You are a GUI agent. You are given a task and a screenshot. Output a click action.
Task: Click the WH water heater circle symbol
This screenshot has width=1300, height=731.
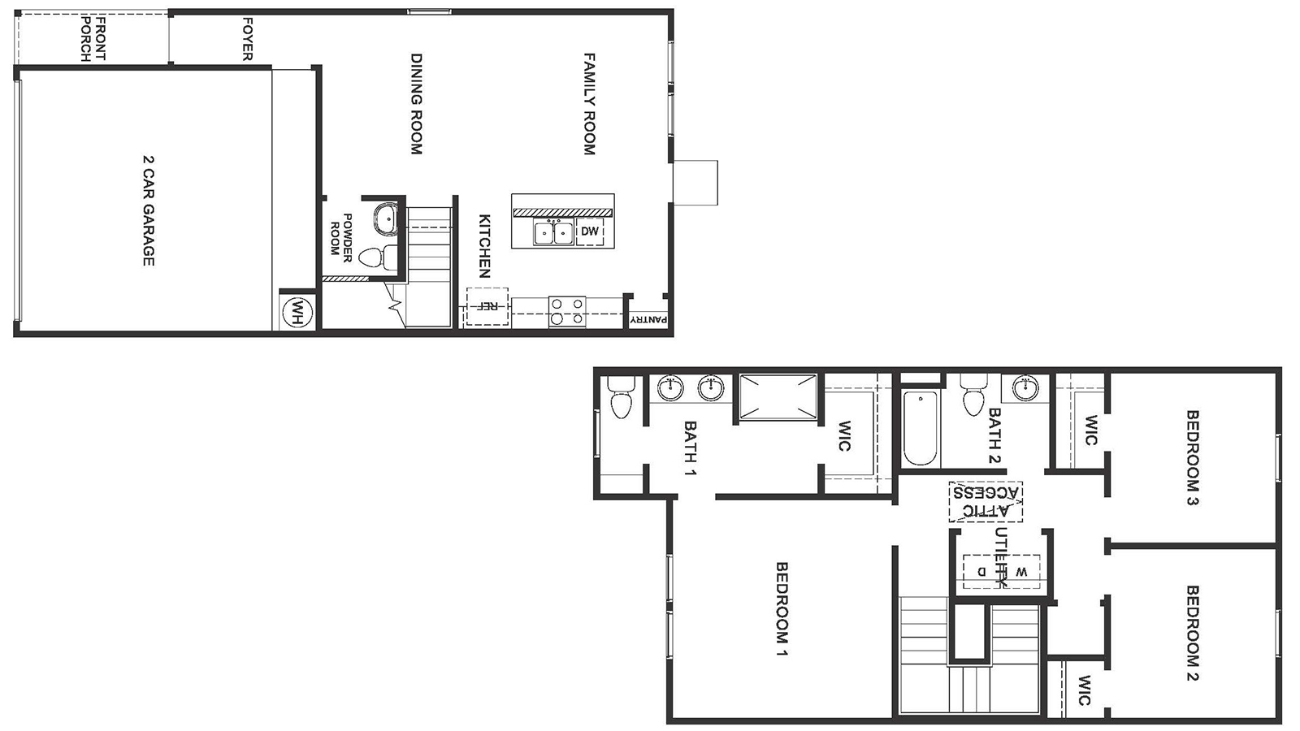point(297,311)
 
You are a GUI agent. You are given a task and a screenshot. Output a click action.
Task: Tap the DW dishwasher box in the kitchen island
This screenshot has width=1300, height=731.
point(590,231)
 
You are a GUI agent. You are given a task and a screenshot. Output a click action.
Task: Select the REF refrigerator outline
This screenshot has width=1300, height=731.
point(487,307)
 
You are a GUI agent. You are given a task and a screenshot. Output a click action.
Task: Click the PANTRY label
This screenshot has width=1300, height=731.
point(648,321)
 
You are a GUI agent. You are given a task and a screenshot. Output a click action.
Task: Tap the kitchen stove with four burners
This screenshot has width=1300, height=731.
point(567,311)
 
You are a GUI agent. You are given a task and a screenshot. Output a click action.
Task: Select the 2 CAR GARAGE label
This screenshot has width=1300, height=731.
point(148,210)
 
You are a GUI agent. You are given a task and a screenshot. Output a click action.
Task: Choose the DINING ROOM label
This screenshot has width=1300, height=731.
point(416,104)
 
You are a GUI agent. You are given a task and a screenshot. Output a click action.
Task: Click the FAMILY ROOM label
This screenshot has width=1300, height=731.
point(590,104)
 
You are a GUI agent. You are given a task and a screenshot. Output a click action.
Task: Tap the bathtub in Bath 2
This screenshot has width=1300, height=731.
point(920,427)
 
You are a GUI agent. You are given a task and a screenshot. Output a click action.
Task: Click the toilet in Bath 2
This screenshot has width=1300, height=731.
point(971,397)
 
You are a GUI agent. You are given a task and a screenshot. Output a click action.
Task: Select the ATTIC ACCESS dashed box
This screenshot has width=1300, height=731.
point(986,501)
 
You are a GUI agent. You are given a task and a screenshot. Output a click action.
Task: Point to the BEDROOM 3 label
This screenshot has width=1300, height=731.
point(1193,457)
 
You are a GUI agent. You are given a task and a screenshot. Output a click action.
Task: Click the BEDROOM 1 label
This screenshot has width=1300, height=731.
point(782,608)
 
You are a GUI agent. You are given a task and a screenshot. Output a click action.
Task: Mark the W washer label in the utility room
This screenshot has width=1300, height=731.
point(1021,571)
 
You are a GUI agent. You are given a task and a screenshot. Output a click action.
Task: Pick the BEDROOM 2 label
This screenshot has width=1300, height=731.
point(1193,633)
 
